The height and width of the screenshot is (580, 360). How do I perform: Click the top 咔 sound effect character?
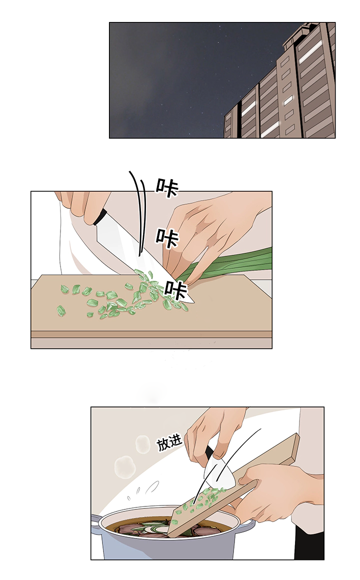click(166, 188)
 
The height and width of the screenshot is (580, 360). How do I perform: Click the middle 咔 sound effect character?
click(167, 238)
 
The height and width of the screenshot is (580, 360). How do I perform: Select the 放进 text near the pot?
click(169, 443)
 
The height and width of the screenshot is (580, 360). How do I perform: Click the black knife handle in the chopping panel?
click(100, 217)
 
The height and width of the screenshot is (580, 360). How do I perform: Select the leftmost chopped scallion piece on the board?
click(61, 311)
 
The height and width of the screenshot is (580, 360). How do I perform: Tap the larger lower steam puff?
click(124, 467)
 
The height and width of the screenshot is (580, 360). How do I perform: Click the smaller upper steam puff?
click(143, 444)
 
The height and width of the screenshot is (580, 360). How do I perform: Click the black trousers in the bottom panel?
click(309, 542)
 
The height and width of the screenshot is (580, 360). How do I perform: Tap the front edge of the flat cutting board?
click(151, 334)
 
